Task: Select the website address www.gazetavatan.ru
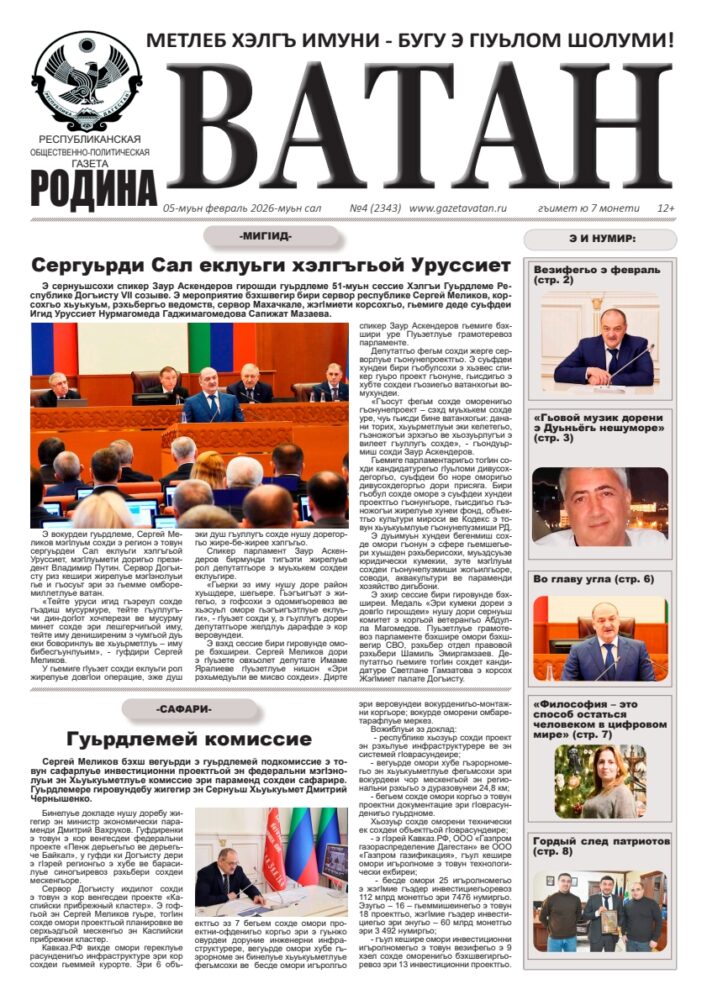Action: coord(458,208)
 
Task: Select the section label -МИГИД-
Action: coord(265,236)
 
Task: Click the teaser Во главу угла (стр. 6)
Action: coord(593,579)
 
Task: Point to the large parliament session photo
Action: coord(189,425)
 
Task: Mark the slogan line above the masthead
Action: coord(410,41)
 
